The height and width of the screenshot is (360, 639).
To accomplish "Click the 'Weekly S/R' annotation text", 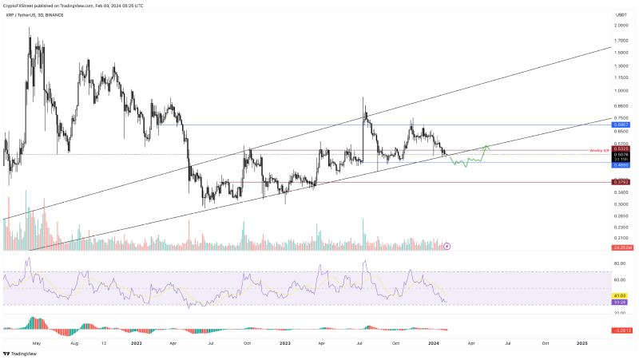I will point(599,150).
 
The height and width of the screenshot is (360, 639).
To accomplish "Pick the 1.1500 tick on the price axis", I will point(620,77).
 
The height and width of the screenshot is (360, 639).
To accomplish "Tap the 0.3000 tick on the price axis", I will point(620,204).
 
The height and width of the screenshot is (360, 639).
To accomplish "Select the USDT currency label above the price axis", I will point(620,14).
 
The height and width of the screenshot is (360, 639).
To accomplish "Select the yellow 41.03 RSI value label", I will point(620,295).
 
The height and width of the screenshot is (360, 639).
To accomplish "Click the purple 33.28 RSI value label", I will point(620,302).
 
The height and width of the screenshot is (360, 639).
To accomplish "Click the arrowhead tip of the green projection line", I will point(486,146).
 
